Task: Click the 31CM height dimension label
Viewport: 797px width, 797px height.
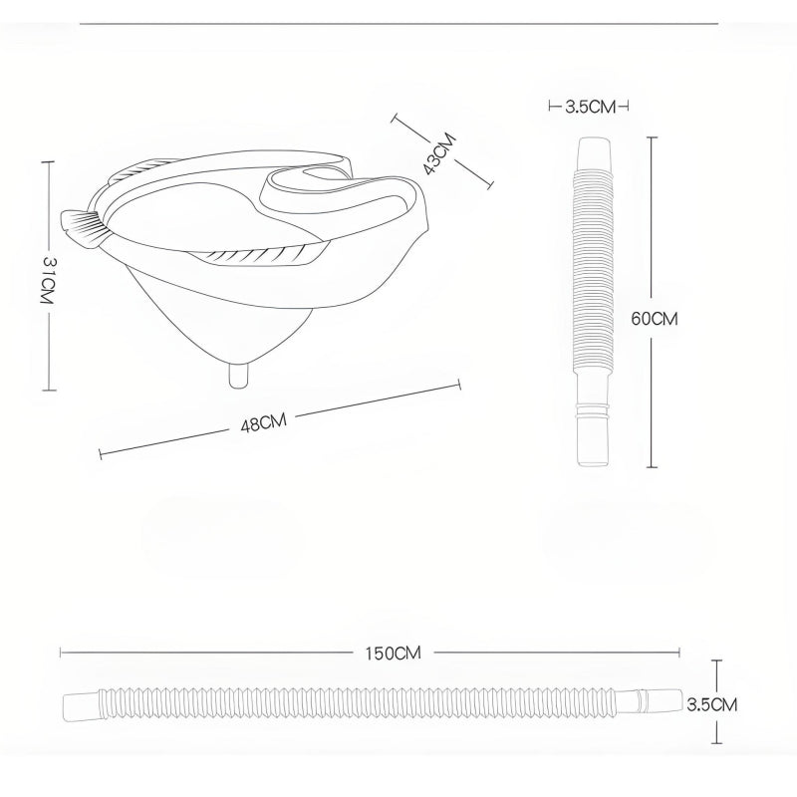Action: (x=47, y=280)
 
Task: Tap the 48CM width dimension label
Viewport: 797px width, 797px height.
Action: (x=264, y=422)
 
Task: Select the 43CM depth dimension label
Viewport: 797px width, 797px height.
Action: (x=440, y=153)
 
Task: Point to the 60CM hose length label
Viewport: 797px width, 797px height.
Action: (x=655, y=319)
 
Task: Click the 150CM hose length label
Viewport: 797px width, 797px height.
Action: (x=393, y=654)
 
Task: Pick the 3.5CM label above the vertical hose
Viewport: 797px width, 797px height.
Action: (x=590, y=107)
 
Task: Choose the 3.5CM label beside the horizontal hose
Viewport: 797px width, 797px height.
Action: (x=711, y=704)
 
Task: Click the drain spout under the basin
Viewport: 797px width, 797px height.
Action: (x=238, y=376)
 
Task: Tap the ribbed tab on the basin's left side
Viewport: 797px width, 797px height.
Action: (x=82, y=228)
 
